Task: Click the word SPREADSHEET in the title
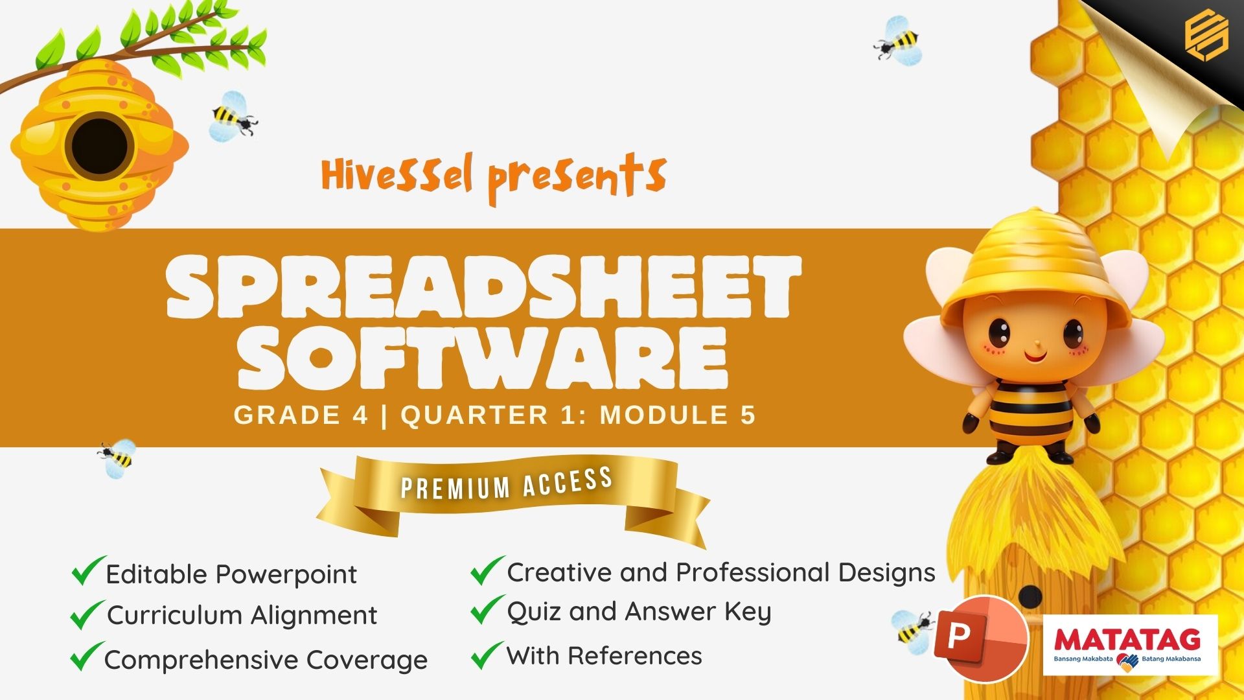[x=484, y=287]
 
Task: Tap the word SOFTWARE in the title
[x=483, y=358]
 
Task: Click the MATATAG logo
[x=1130, y=646]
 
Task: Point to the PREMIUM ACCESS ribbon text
[x=507, y=484]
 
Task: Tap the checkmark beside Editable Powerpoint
[x=87, y=570]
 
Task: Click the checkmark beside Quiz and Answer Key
[x=487, y=609]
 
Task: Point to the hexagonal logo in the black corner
[x=1206, y=36]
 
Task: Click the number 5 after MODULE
[x=748, y=415]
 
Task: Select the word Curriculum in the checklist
[x=174, y=615]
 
